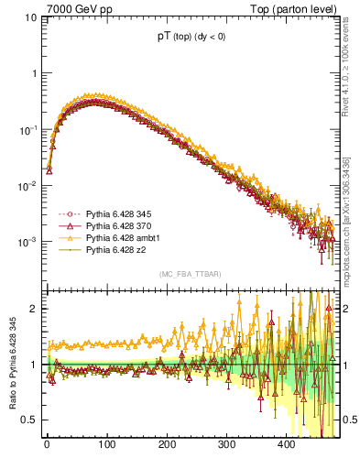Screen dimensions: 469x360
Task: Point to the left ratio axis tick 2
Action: pyautogui.click(x=33, y=309)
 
